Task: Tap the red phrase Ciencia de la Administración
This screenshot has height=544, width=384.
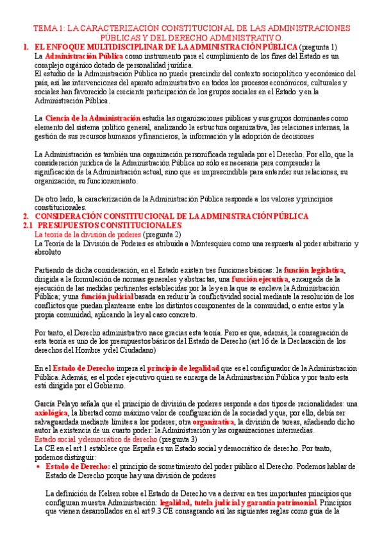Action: tap(93, 118)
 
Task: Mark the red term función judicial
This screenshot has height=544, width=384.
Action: tap(107, 297)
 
